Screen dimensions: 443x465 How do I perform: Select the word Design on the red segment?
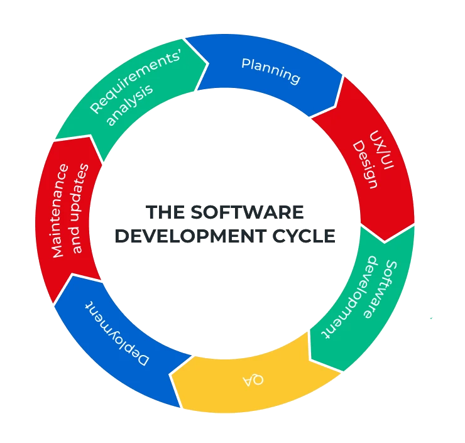(364, 165)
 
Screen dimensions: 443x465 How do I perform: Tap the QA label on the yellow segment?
(253, 380)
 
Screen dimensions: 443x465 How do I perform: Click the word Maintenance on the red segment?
(58, 210)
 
